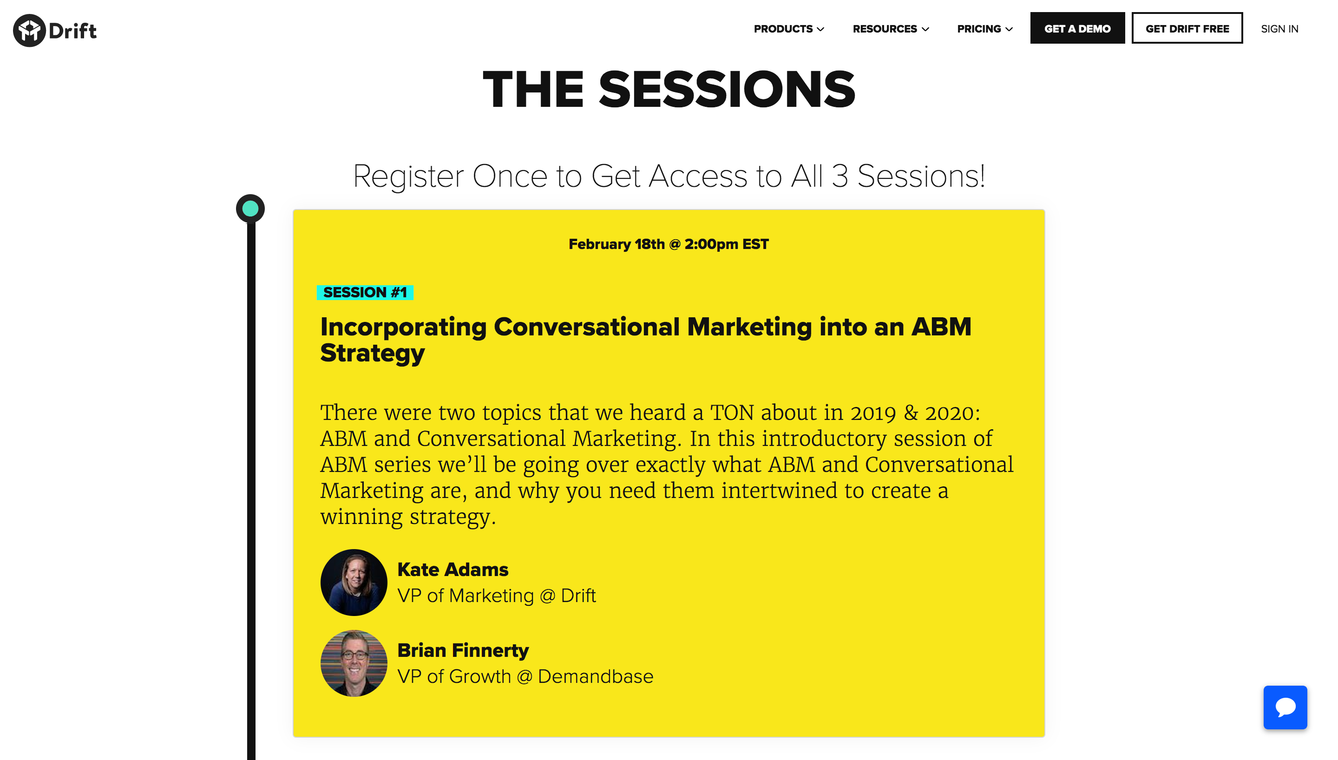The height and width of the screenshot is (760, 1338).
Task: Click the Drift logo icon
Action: [30, 30]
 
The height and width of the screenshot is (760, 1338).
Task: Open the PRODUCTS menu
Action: [788, 29]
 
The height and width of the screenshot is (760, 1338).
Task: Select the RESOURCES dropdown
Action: [890, 29]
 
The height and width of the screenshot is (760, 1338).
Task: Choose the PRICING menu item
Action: [985, 29]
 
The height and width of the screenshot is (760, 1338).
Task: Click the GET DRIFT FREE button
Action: [1187, 28]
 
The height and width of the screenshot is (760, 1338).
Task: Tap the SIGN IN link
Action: [1279, 29]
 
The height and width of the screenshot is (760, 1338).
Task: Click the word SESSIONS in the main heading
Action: [727, 89]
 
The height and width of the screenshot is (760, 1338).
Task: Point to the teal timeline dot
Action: [250, 209]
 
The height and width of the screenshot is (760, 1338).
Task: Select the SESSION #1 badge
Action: [365, 292]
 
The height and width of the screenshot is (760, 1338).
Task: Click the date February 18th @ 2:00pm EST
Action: [669, 244]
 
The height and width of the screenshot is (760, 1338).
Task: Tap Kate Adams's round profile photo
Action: [354, 582]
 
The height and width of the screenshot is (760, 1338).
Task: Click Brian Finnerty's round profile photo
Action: [354, 663]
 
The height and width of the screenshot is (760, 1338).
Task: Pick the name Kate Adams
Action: [453, 569]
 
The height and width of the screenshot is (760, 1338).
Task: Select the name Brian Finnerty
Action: [463, 650]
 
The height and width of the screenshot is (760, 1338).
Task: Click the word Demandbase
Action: [596, 676]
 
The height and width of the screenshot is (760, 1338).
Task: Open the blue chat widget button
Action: [1286, 708]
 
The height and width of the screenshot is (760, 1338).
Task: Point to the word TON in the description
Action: [732, 413]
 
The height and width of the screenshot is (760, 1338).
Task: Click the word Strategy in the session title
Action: [373, 354]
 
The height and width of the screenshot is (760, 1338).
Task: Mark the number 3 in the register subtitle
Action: [840, 176]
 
